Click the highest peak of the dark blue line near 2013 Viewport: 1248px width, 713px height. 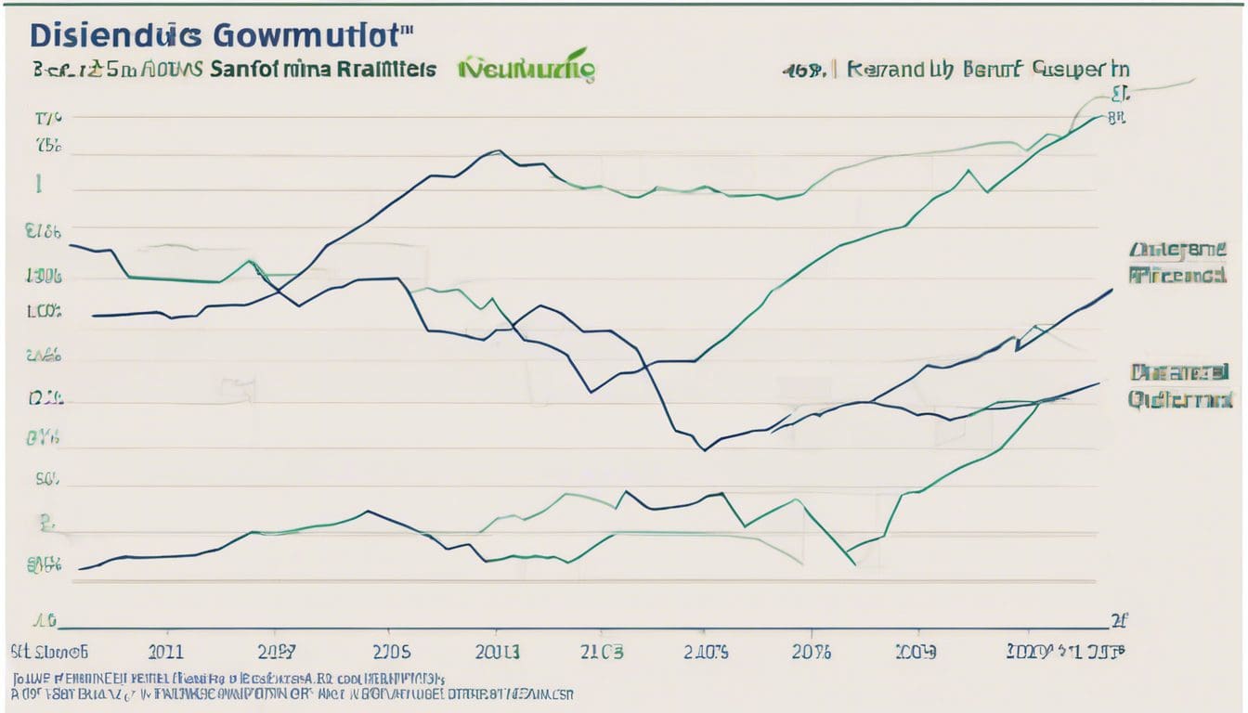click(499, 150)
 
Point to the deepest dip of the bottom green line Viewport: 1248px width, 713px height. click(853, 564)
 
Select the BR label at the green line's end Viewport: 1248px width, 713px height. click(1116, 118)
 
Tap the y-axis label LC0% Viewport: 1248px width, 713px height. click(45, 313)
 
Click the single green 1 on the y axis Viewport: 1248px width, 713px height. click(38, 185)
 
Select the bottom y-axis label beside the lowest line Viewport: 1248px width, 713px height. click(45, 563)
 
